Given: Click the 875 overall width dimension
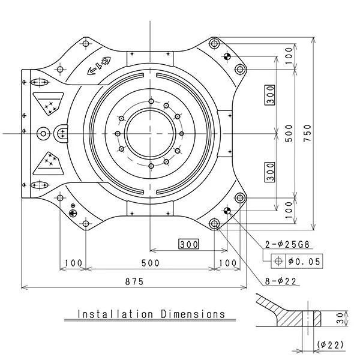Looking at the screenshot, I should tap(134, 282).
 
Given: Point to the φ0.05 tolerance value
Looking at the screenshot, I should tap(304, 260).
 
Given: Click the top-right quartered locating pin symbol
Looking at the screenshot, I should tap(227, 57).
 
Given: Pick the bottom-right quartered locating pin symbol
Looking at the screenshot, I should tap(227, 211).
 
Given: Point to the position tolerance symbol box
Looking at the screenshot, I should tap(278, 260).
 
